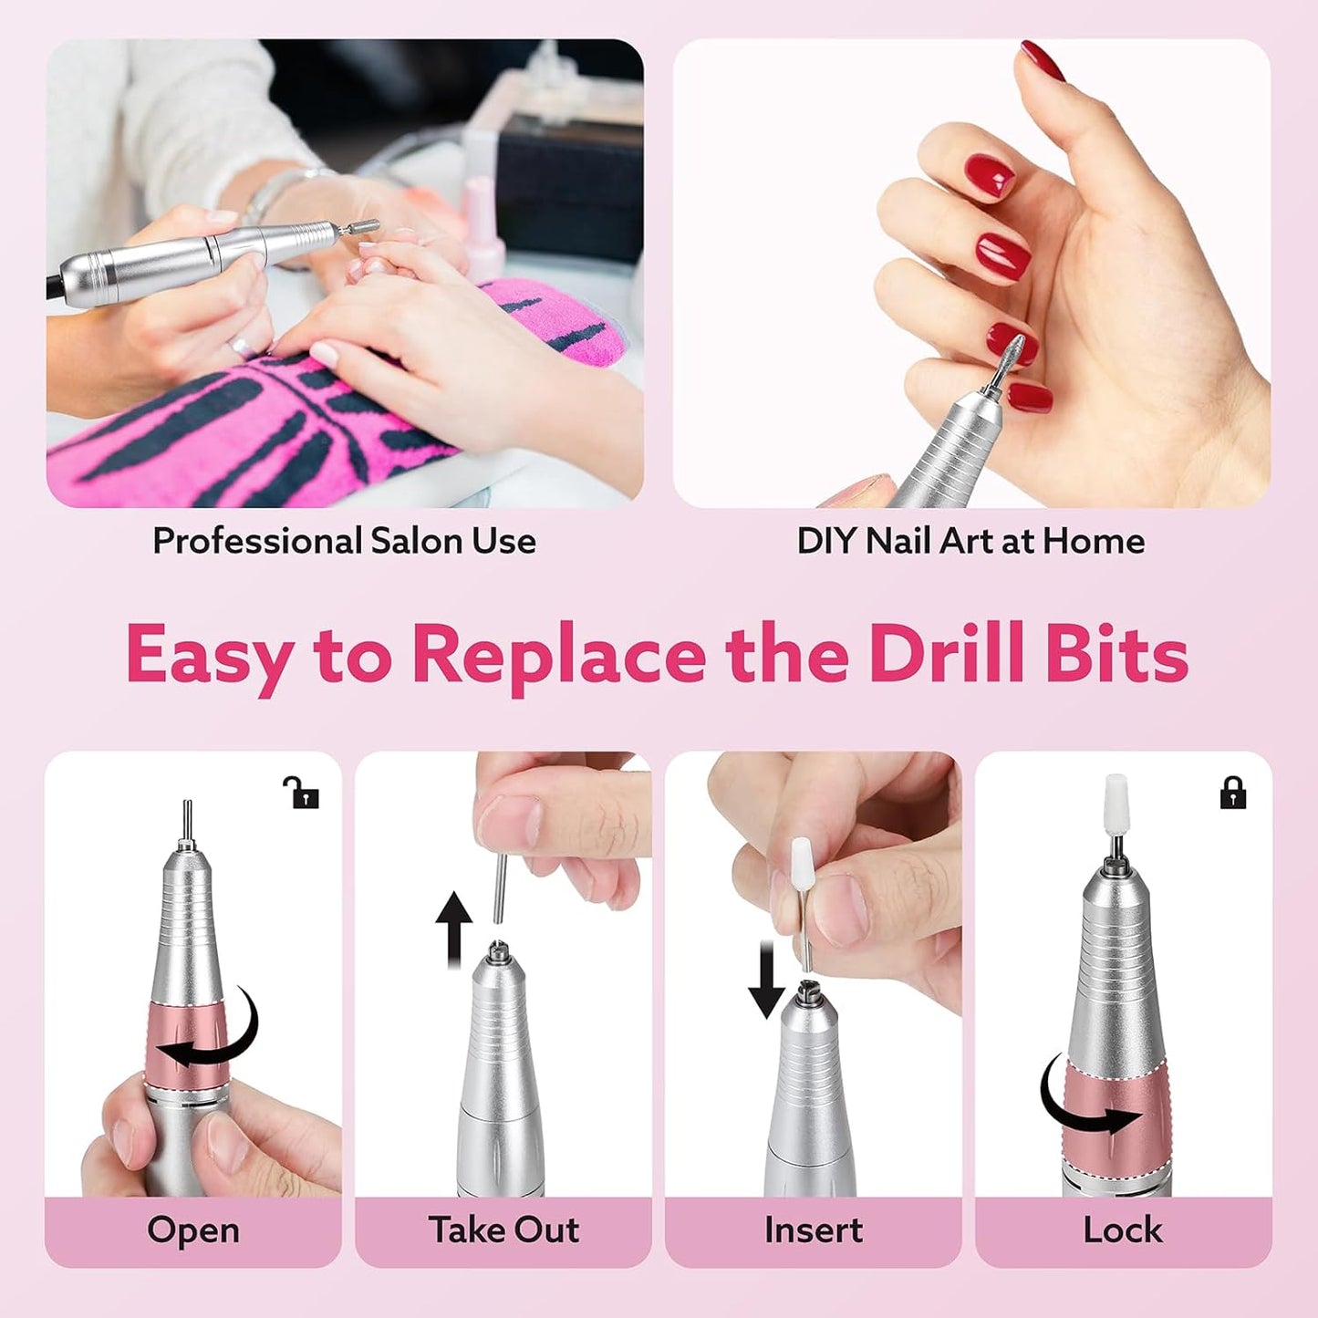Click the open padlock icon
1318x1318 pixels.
300,793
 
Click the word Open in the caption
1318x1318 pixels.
193,1230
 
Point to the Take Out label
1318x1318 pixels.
503,1230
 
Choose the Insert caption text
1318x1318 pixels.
813,1230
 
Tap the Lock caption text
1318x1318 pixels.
1123,1230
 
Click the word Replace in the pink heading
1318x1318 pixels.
558,655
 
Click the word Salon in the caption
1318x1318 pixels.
417,541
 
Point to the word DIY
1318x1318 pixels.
826,541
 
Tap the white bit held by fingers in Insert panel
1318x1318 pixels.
802,866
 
